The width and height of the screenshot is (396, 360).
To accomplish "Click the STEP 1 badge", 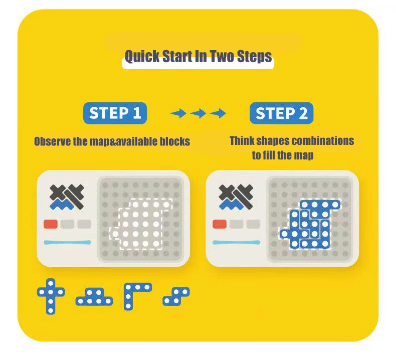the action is [x=115, y=113].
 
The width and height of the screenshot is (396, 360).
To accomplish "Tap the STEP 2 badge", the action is [x=281, y=113].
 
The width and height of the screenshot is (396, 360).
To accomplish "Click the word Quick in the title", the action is [x=142, y=56].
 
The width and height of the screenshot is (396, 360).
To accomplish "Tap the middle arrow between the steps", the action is [x=198, y=113].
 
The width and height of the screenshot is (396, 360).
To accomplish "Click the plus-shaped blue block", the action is [x=51, y=296].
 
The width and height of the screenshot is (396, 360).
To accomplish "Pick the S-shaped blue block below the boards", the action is [x=176, y=296].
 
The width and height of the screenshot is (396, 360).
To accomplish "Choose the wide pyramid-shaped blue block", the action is [x=94, y=297].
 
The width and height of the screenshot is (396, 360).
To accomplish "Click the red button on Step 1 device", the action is [x=51, y=224].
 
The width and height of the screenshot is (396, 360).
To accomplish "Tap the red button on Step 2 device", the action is [x=220, y=224].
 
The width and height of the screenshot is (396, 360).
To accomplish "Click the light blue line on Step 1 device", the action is [x=68, y=243].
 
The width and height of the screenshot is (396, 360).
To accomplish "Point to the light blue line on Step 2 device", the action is [x=237, y=243].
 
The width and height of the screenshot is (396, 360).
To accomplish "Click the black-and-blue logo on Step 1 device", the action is [x=67, y=197].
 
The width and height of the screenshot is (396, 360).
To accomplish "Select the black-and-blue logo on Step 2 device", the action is [x=236, y=197].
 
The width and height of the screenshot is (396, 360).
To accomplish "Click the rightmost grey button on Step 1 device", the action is [x=84, y=224].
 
